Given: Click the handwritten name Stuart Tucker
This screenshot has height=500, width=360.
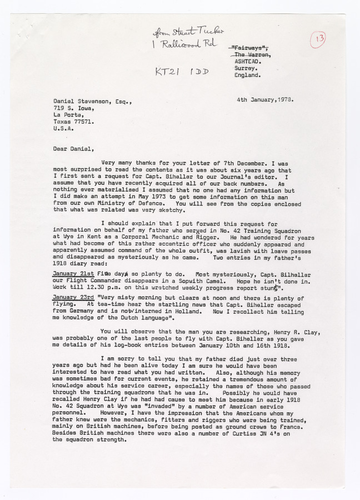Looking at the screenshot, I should (187, 31).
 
